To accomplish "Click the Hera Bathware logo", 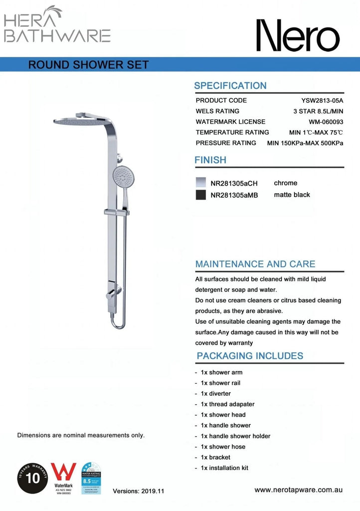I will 57,24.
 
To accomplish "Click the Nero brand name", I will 298,35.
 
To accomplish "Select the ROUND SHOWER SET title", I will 88,65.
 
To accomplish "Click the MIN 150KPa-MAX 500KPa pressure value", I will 305,143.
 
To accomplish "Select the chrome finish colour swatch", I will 201,183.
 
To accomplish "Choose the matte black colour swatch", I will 201,195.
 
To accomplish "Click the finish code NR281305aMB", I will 234,195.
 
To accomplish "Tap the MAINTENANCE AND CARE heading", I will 255,264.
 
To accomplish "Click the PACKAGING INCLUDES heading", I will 250,356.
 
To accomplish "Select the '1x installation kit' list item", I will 224,468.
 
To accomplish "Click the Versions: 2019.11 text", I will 139,491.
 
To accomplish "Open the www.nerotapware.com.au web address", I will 298,490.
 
